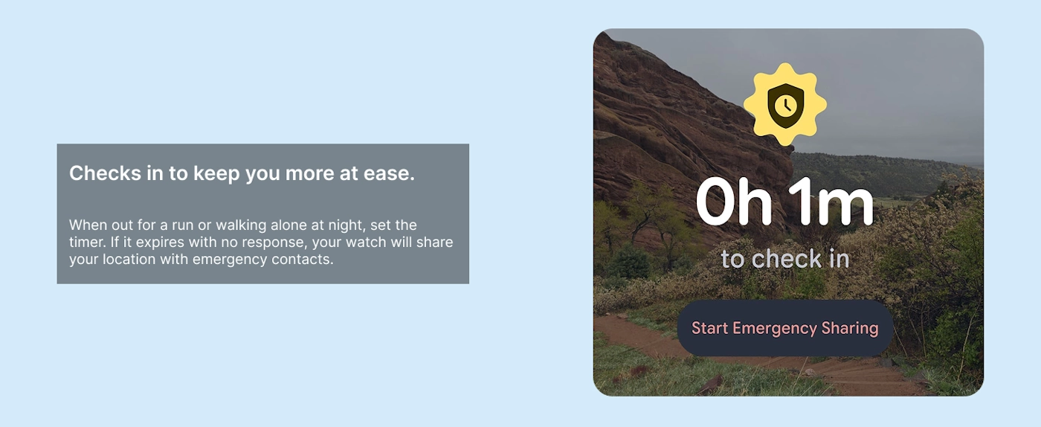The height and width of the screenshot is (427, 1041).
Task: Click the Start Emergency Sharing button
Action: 785,328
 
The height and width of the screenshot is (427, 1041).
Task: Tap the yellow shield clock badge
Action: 785,104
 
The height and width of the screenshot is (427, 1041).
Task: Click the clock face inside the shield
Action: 786,106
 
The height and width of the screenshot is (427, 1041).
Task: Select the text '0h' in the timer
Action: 734,202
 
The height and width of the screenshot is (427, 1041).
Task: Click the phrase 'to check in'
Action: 785,259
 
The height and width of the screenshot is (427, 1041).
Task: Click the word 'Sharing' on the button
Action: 850,329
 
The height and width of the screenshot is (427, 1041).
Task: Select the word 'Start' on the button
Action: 709,328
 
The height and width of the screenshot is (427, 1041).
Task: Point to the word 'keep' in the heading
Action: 216,174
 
